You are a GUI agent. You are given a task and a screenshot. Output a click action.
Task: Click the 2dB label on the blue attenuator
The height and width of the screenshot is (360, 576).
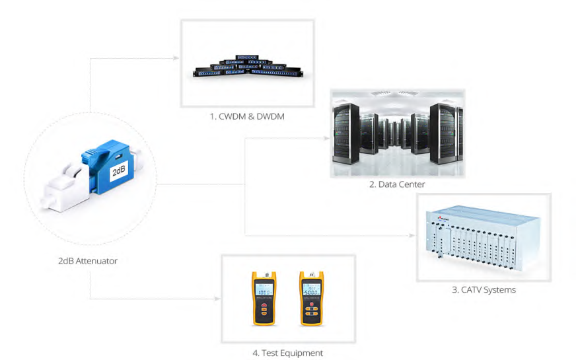118,172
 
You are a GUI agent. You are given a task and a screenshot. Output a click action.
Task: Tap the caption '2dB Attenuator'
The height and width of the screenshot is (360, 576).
87,261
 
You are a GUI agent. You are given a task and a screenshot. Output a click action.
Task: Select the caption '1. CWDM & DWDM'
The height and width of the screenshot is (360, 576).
247,116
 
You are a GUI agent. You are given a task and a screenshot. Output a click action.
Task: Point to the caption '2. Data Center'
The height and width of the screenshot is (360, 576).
396,184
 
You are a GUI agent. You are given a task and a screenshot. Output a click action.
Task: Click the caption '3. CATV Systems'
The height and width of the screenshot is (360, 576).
484,289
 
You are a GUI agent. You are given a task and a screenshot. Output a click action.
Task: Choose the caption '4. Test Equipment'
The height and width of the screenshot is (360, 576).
287,353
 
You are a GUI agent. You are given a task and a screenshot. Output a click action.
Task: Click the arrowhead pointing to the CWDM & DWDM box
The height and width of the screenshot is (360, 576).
176,58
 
